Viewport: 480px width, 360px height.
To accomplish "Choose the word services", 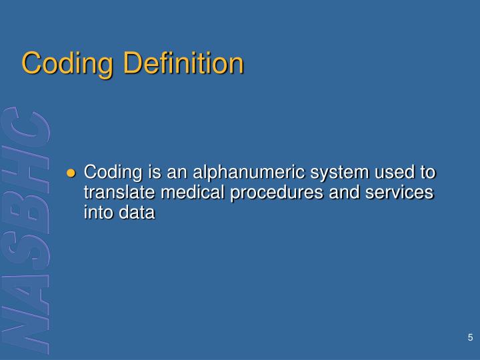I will coord(401,193).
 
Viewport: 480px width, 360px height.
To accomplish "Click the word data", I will coord(137,213).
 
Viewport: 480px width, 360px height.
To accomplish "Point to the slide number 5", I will coord(470,337).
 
